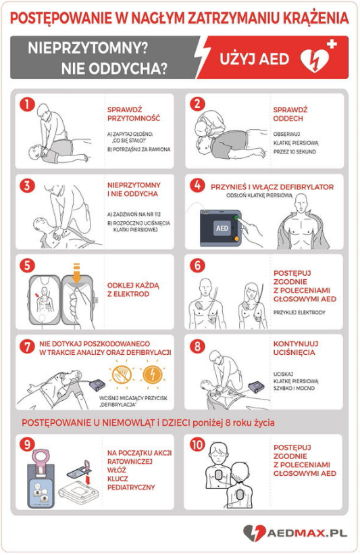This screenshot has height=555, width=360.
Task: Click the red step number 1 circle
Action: tap(27, 104)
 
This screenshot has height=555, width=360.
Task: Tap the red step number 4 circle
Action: tap(197, 185)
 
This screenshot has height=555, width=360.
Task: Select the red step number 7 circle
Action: tap(27, 347)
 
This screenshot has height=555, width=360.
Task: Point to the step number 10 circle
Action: tap(197, 445)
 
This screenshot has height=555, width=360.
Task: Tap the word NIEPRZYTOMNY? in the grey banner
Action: tap(88, 48)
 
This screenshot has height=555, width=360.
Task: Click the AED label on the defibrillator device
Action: tap(222, 228)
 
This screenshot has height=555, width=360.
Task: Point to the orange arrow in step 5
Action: tap(77, 273)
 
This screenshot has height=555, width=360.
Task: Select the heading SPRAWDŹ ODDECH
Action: tap(290, 114)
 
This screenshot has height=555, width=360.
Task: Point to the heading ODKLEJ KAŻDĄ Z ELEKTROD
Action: tap(133, 289)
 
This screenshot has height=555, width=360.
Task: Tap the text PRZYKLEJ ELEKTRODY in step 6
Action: tap(299, 312)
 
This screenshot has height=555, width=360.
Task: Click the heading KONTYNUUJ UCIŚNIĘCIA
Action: tap(296, 348)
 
